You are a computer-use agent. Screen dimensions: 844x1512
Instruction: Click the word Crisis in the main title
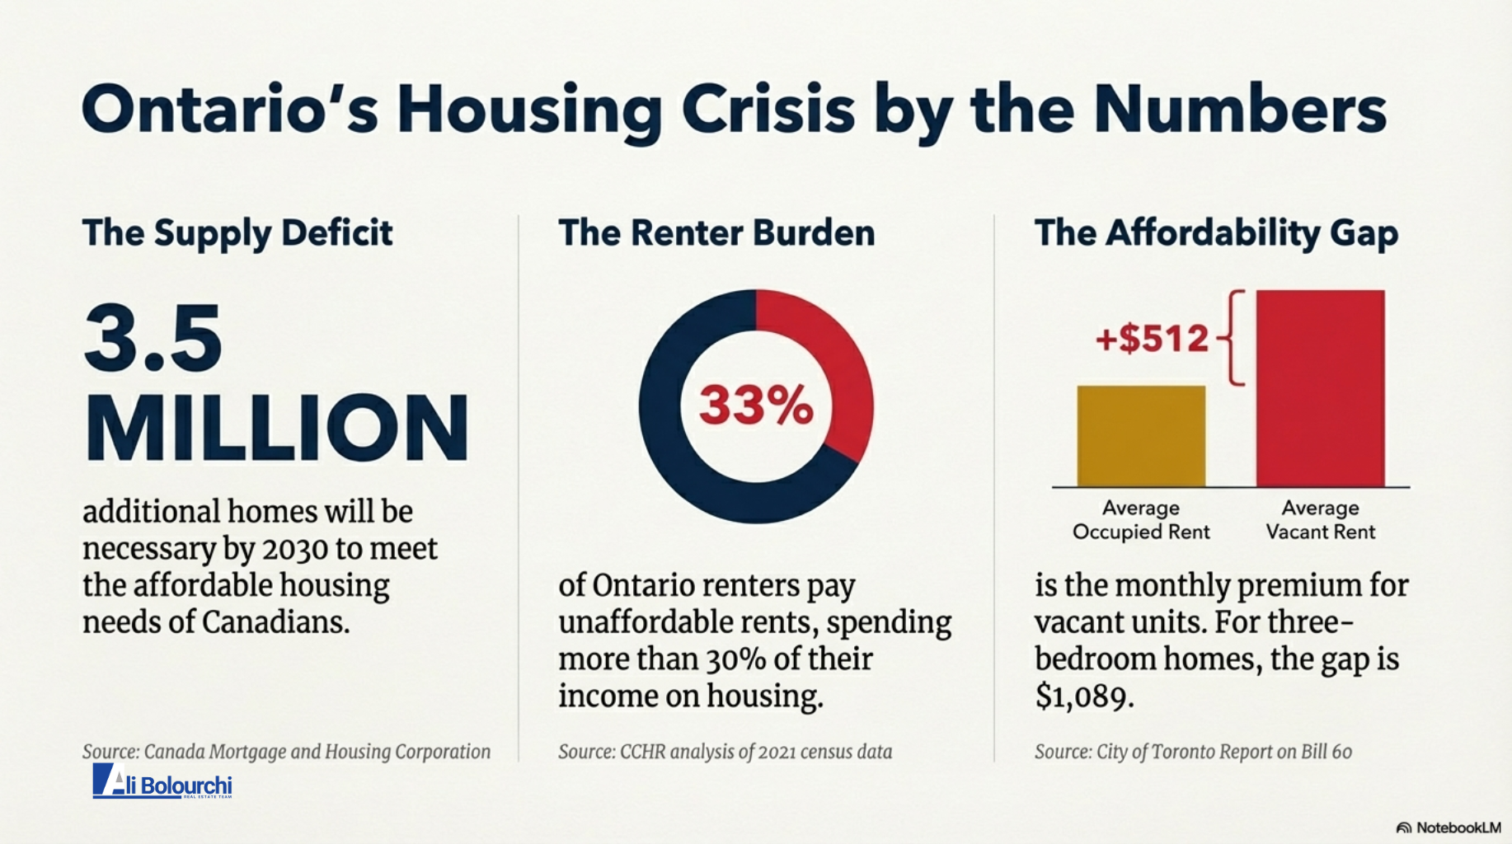(x=768, y=110)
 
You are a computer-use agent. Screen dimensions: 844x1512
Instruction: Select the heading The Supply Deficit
(x=237, y=233)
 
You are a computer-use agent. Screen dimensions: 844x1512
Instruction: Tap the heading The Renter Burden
(x=716, y=233)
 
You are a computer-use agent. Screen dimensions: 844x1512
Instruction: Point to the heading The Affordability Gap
(x=1216, y=233)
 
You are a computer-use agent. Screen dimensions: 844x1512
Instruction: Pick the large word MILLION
(x=277, y=428)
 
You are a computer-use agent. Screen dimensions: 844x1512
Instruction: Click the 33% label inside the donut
(x=756, y=406)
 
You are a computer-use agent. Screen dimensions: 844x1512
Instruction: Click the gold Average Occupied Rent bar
(x=1141, y=436)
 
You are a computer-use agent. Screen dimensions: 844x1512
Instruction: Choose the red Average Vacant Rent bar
(x=1320, y=387)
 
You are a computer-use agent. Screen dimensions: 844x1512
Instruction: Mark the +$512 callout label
(x=1152, y=339)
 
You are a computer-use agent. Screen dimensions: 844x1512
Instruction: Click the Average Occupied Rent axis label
(x=1141, y=520)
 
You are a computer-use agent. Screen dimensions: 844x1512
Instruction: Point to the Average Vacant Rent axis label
(x=1320, y=520)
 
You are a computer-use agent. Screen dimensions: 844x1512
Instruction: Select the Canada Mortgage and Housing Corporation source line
(x=286, y=752)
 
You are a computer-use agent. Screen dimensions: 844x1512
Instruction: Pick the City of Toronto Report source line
(x=1193, y=752)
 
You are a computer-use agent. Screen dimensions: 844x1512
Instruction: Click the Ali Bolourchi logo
(x=162, y=781)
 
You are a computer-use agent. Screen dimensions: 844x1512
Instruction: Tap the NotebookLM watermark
(x=1449, y=828)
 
